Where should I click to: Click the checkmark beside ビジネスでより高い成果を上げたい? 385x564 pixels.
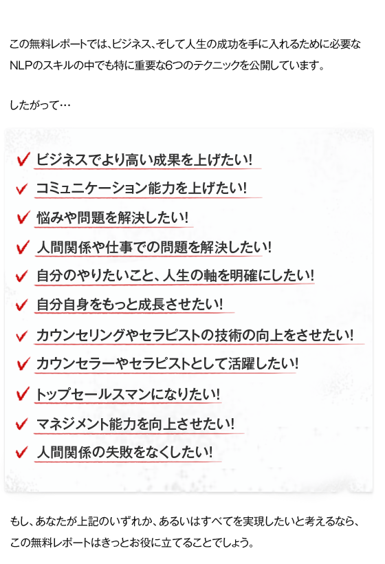point(23,160)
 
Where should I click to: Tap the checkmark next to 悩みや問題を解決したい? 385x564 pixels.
point(23,217)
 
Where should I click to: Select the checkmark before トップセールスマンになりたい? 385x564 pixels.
point(23,394)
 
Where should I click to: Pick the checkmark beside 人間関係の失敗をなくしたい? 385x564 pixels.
point(22,452)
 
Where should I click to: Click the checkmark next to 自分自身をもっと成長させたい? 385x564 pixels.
point(22,305)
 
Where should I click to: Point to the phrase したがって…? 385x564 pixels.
point(40,105)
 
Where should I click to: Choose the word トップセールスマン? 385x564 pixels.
point(93,394)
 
